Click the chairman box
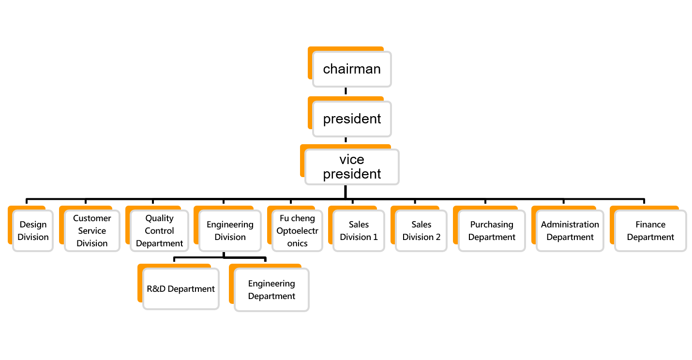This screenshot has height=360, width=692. tap(352, 69)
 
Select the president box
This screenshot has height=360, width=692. tap(352, 119)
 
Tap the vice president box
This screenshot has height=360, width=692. tap(352, 167)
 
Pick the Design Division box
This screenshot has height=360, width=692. tap(33, 231)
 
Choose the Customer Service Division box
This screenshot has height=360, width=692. tap(92, 231)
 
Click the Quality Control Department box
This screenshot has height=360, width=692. tap(159, 231)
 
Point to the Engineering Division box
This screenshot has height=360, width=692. tap(230, 231)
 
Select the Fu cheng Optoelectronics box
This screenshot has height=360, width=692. tap(297, 231)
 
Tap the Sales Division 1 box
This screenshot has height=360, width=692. tap(359, 231)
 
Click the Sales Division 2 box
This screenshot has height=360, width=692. tap(421, 231)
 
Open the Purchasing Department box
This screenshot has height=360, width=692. tap(492, 231)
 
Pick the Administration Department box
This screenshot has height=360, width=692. tap(570, 231)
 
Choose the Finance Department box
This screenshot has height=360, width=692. tap(650, 231)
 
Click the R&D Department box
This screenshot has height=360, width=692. tap(181, 289)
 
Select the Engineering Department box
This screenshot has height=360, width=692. tap(271, 290)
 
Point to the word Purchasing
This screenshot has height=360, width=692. tap(492, 225)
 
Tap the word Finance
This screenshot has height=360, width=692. tap(650, 225)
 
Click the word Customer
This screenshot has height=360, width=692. tap(92, 218)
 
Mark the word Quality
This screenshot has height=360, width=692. tap(159, 218)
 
